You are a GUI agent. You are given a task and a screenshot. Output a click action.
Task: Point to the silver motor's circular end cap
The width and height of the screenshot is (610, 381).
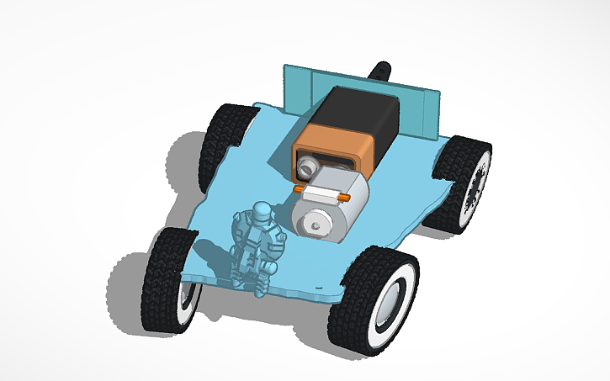pyautogui.click(x=315, y=221)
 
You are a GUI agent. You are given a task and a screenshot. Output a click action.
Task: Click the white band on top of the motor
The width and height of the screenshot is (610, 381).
pyautogui.click(x=324, y=193)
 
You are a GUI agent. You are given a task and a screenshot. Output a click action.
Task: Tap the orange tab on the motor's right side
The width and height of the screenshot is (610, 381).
pyautogui.click(x=345, y=196)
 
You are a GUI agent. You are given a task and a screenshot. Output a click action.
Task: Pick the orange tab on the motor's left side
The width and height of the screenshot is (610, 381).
pyautogui.click(x=298, y=191)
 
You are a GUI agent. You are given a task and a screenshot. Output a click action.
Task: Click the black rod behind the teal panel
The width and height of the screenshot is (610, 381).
pyautogui.click(x=382, y=69)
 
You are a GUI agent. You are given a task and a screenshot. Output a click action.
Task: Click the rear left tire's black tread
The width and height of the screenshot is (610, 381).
pyautogui.click(x=220, y=139)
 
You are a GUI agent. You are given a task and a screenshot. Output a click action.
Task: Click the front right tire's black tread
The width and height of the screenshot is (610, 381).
pyautogui.click(x=353, y=307)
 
